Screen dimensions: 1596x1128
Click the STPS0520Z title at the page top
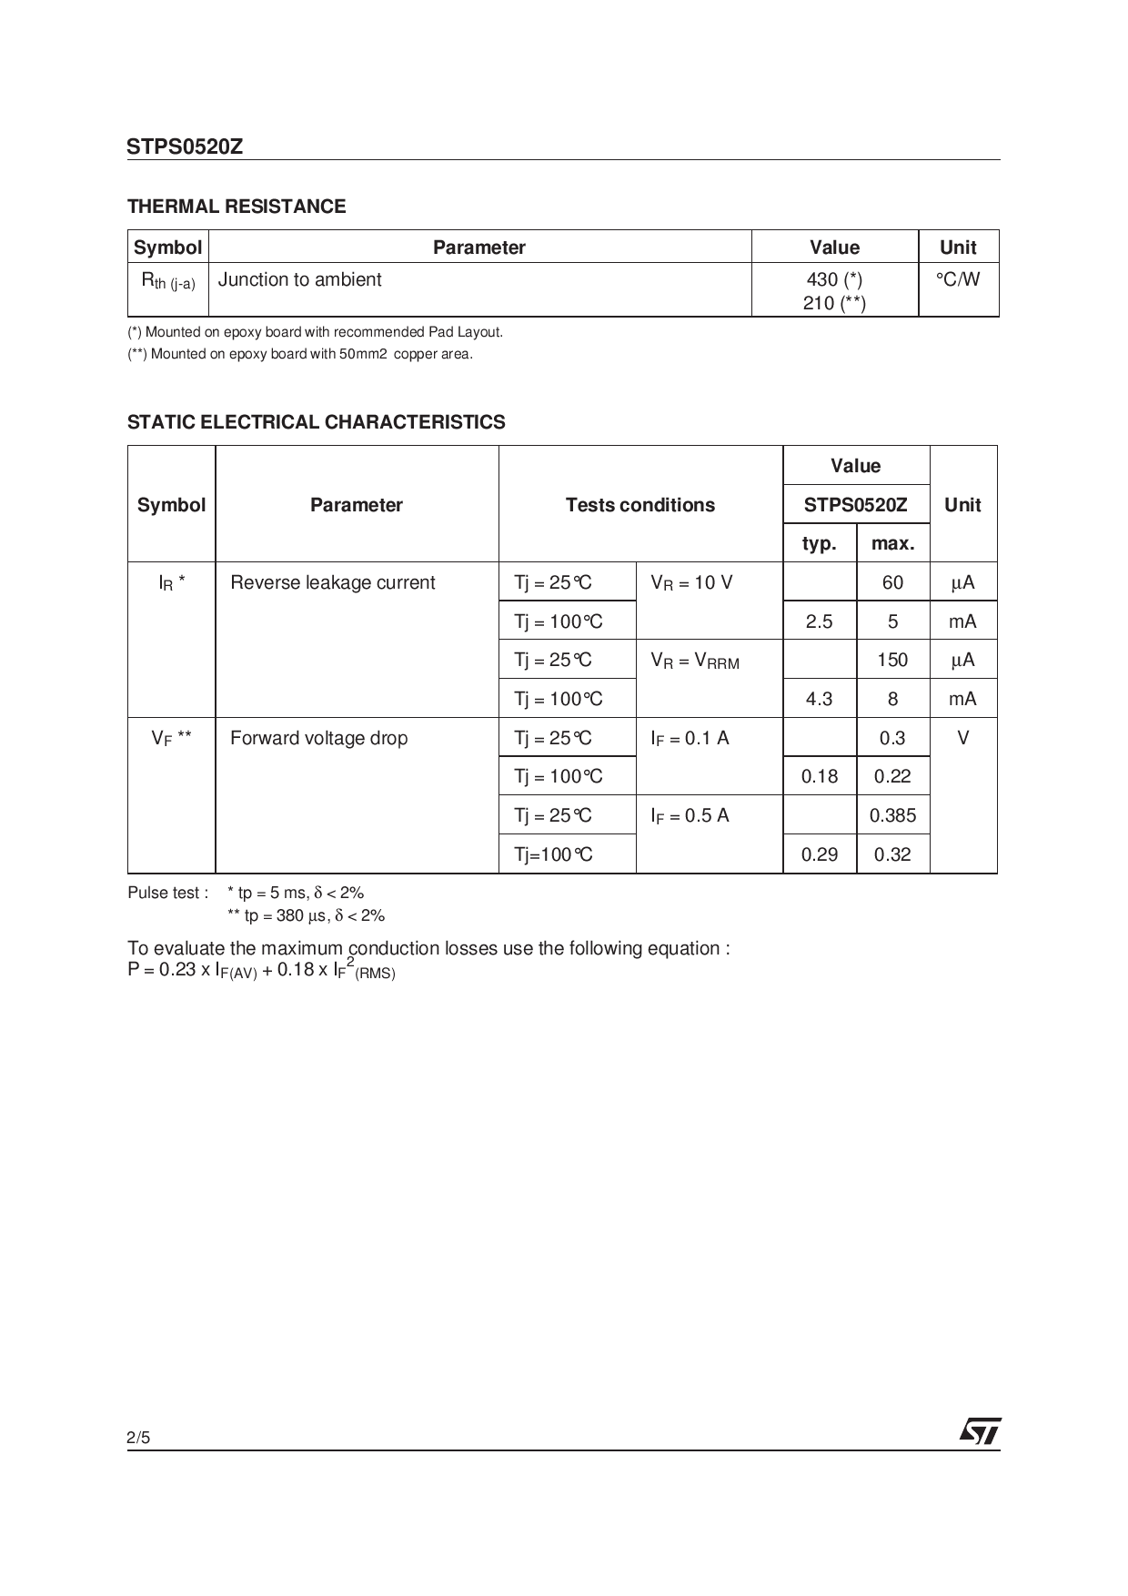coord(185,146)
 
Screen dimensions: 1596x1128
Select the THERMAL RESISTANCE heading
coord(237,207)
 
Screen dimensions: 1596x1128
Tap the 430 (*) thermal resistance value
coord(834,280)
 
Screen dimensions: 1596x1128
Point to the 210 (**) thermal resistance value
coord(834,303)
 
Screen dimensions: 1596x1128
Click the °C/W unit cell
coord(958,280)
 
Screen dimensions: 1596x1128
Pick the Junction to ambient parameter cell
coord(300,280)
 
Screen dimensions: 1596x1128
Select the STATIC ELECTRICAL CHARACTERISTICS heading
coord(316,422)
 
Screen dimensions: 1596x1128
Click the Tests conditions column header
coord(640,505)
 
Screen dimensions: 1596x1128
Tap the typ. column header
coord(819,543)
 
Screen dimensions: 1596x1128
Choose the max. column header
coord(892,543)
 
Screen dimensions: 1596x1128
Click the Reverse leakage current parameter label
coord(332,582)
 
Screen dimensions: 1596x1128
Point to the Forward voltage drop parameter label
coord(318,738)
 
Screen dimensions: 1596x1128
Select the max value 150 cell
coord(892,660)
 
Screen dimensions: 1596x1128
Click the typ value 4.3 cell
coord(819,699)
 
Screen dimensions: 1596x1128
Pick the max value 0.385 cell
coord(892,815)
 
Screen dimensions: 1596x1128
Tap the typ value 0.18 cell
coord(819,776)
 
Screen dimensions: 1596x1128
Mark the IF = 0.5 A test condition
coord(690,816)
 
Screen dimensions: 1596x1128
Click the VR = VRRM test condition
coord(695,662)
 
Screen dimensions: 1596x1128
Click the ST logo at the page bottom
coord(980,1431)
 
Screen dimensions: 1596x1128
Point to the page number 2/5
coord(138,1438)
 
